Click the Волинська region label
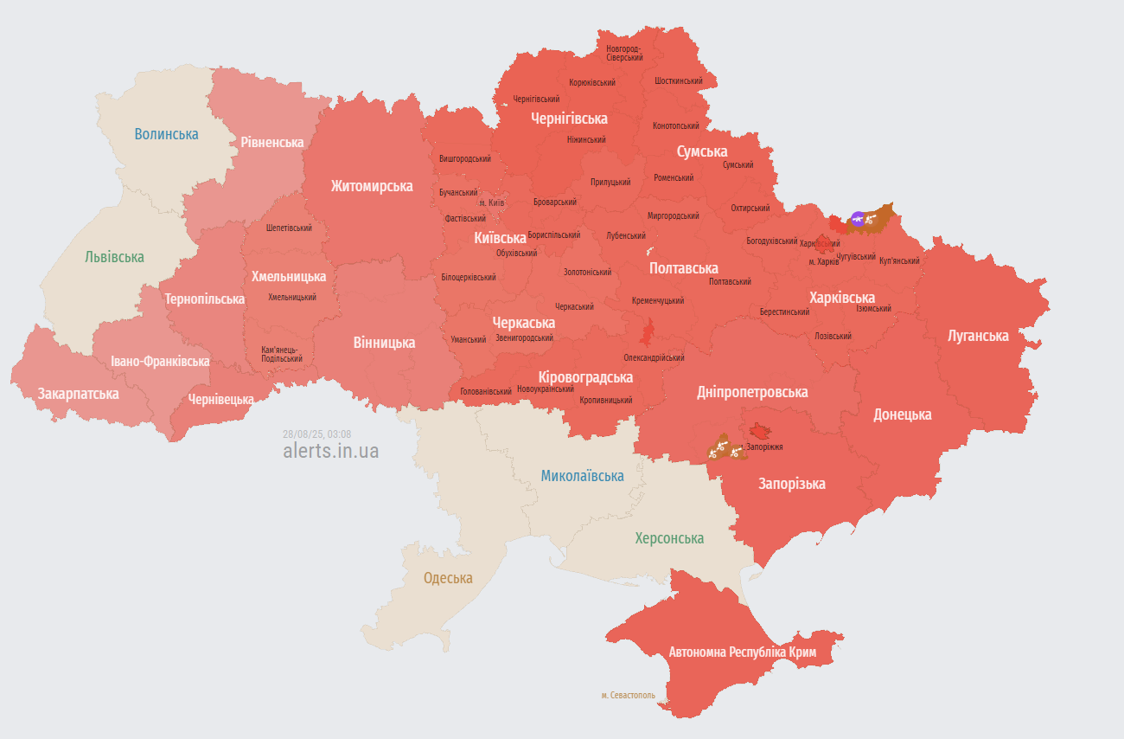[166, 134]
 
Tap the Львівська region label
[114, 257]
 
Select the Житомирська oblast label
[371, 186]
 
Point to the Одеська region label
[448, 578]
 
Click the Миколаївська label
[582, 475]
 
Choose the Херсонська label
[669, 538]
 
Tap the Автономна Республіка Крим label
[742, 652]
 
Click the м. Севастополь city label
[628, 695]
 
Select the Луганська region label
[978, 336]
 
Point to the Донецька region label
[902, 414]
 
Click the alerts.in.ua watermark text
[330, 451]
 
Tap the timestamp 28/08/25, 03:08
[316, 434]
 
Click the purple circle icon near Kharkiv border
[857, 219]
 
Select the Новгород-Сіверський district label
[624, 53]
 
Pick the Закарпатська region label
[78, 394]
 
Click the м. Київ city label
[491, 202]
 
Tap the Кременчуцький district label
[657, 301]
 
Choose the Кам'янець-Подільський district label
[282, 354]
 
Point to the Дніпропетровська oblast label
[752, 392]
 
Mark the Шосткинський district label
[679, 80]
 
